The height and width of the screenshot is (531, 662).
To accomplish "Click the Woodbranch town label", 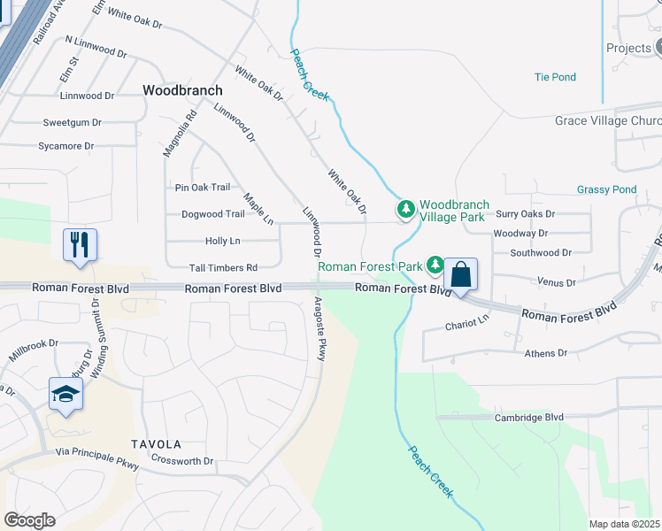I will [x=182, y=90].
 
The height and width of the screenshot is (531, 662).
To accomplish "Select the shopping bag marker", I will [x=461, y=274].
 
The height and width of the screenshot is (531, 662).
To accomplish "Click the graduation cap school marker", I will [x=65, y=394].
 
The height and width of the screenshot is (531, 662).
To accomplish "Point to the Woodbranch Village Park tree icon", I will [x=405, y=210].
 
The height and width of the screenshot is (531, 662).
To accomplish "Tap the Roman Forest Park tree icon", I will [x=435, y=265].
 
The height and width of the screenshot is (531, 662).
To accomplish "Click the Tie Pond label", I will [x=555, y=77].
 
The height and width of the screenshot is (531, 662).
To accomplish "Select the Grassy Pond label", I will [x=606, y=189].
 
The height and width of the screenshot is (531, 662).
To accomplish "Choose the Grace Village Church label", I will [x=608, y=120].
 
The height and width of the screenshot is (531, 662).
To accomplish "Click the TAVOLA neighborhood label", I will [x=156, y=444].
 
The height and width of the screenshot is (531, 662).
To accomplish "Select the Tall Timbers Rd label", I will [x=223, y=268].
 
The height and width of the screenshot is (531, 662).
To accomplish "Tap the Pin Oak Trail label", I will [x=203, y=187].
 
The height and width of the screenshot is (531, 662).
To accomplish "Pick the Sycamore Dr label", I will [x=65, y=146].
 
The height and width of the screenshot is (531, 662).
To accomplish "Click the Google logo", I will [x=29, y=520].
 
